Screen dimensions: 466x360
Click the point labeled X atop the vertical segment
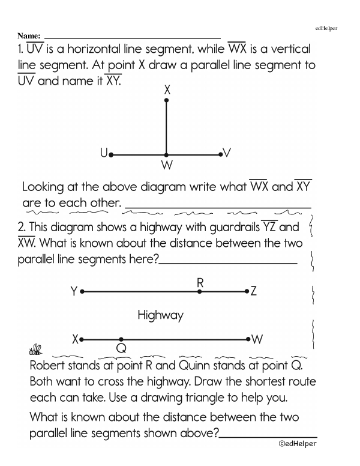click(x=167, y=100)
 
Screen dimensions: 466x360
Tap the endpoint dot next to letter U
click(x=111, y=155)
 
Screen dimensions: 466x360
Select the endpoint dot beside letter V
click(x=221, y=155)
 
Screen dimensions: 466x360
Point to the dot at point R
click(x=200, y=291)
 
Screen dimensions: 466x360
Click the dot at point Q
click(x=121, y=339)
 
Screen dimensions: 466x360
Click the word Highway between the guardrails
click(x=160, y=314)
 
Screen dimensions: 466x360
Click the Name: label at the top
click(x=31, y=36)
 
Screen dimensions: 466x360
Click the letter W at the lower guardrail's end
click(x=257, y=339)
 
